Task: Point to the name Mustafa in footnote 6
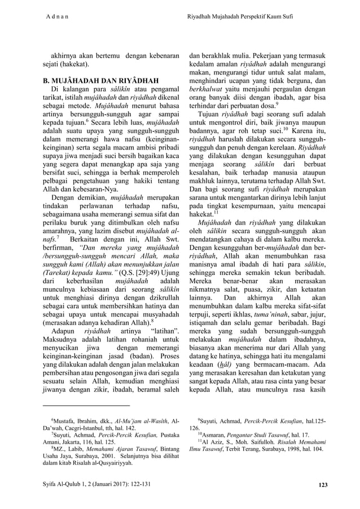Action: [67, 421]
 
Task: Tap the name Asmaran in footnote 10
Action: [216, 435]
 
